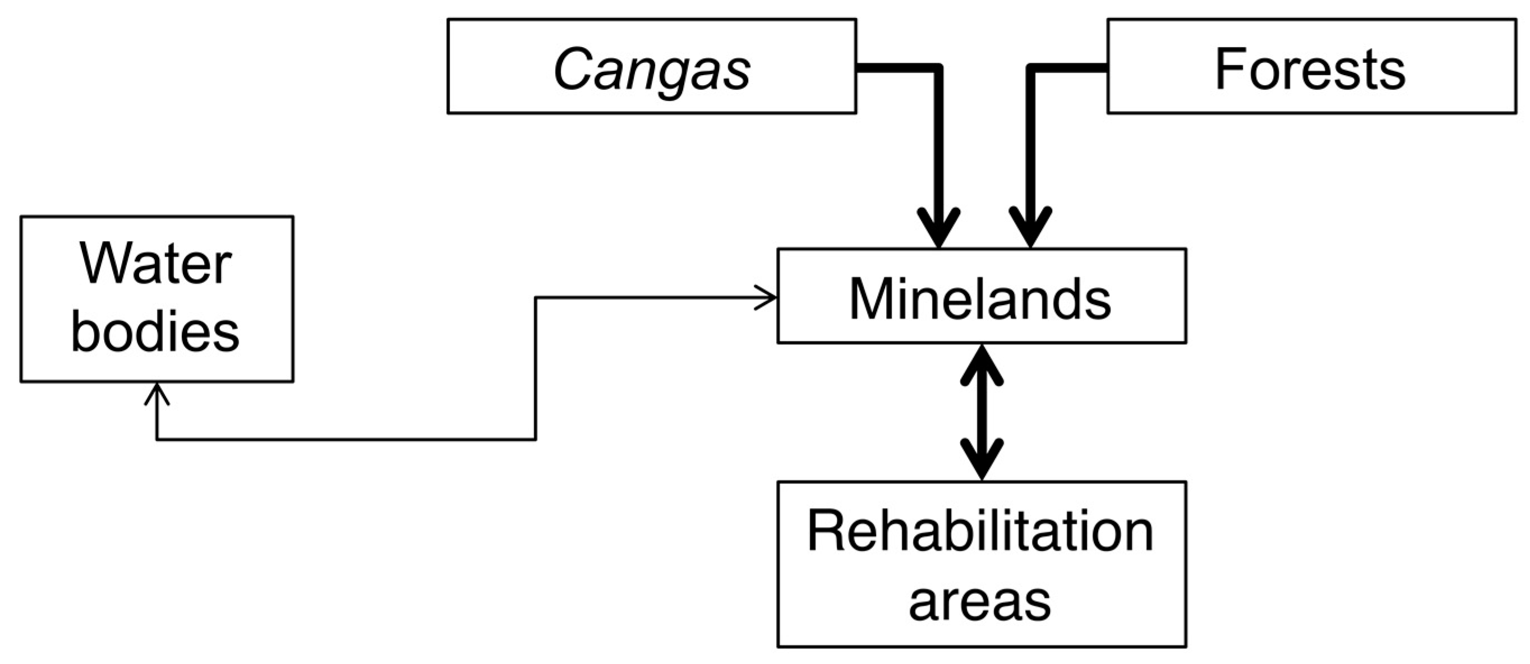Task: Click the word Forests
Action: pyautogui.click(x=1311, y=70)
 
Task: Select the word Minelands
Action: pyautogui.click(x=980, y=299)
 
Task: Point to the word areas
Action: pyautogui.click(x=980, y=601)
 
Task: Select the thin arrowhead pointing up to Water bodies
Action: pyautogui.click(x=157, y=393)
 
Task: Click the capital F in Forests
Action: pyautogui.click(x=1229, y=70)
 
